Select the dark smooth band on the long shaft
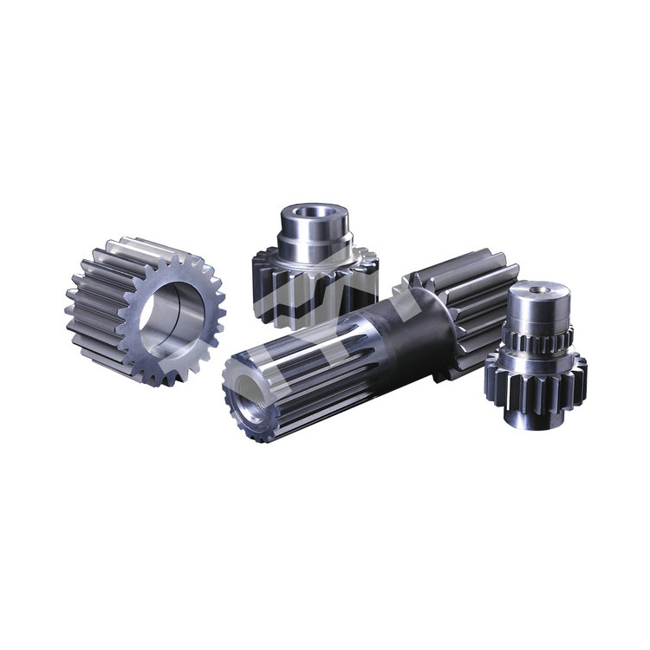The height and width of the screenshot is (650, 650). click(x=407, y=329)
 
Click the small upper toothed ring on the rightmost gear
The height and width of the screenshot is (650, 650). click(x=537, y=341)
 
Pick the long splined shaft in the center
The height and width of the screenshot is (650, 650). click(x=364, y=347)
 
